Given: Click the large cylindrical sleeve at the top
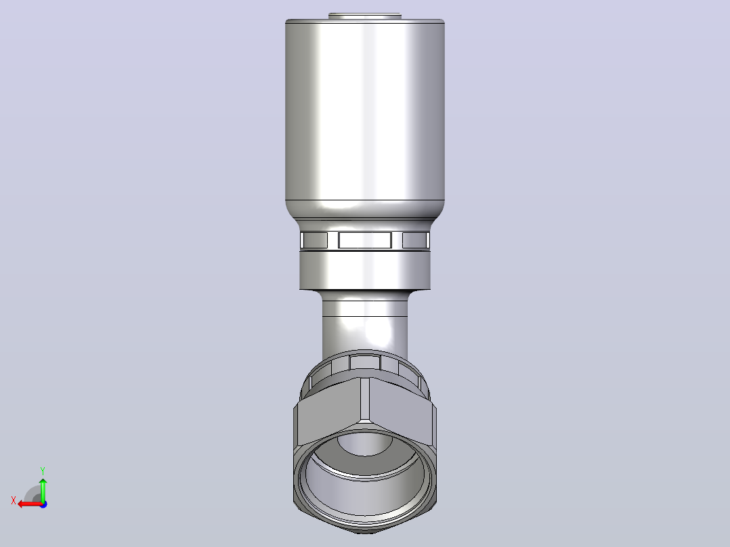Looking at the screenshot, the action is pyautogui.click(x=364, y=112).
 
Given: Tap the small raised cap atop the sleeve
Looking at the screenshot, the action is pyautogui.click(x=364, y=16).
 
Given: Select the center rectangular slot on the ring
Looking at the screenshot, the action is pyautogui.click(x=364, y=240).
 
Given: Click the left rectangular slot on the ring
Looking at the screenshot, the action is pyautogui.click(x=314, y=240).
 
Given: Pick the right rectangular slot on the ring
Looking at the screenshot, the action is pyautogui.click(x=415, y=240).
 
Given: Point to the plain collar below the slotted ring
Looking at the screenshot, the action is pyautogui.click(x=364, y=271).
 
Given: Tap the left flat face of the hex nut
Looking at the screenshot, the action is pyautogui.click(x=328, y=410).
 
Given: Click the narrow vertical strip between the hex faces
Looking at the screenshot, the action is pyautogui.click(x=365, y=399).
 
